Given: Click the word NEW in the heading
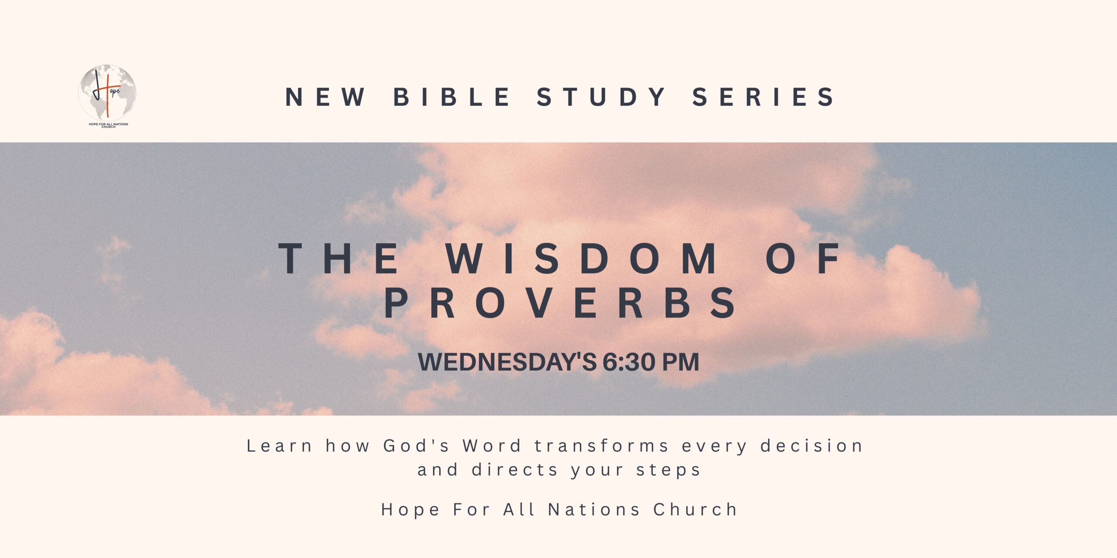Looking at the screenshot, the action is (326, 97).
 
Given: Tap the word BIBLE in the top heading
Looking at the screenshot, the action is (452, 97).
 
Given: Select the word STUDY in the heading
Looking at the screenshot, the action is (600, 97).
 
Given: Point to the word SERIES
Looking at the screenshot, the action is (763, 97).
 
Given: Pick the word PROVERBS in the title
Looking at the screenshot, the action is (560, 303).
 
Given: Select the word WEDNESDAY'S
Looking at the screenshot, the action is (507, 362).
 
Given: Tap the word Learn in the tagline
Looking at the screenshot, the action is (279, 446).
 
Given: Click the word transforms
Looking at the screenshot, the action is (602, 446).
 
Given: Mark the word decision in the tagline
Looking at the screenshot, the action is (812, 446).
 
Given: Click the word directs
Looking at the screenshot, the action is (515, 470).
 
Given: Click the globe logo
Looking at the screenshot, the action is (107, 93).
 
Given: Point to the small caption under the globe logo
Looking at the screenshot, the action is (109, 125).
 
